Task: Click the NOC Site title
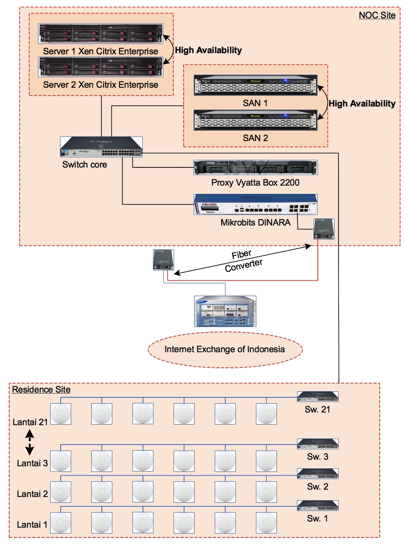pos(377,15)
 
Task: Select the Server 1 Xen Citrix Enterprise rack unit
pos(101,33)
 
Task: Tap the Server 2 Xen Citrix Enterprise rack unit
pos(101,67)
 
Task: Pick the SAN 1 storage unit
pos(256,85)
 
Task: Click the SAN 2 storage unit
pos(256,120)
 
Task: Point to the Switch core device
pos(101,147)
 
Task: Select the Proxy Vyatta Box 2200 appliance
pos(256,168)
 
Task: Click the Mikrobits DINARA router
pos(256,204)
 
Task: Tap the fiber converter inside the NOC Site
pos(324,229)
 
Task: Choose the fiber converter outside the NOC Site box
pos(163,260)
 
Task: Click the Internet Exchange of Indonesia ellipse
pos(225,349)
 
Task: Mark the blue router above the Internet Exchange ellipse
pos(225,311)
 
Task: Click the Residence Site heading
pos(41,390)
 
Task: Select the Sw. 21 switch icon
pos(318,397)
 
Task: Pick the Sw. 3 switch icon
pos(318,444)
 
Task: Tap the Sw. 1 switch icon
pos(318,506)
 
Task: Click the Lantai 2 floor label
pos(32,494)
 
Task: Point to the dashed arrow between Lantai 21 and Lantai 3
pos(30,442)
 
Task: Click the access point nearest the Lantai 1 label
pos(61,523)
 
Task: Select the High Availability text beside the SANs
pos(362,104)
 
